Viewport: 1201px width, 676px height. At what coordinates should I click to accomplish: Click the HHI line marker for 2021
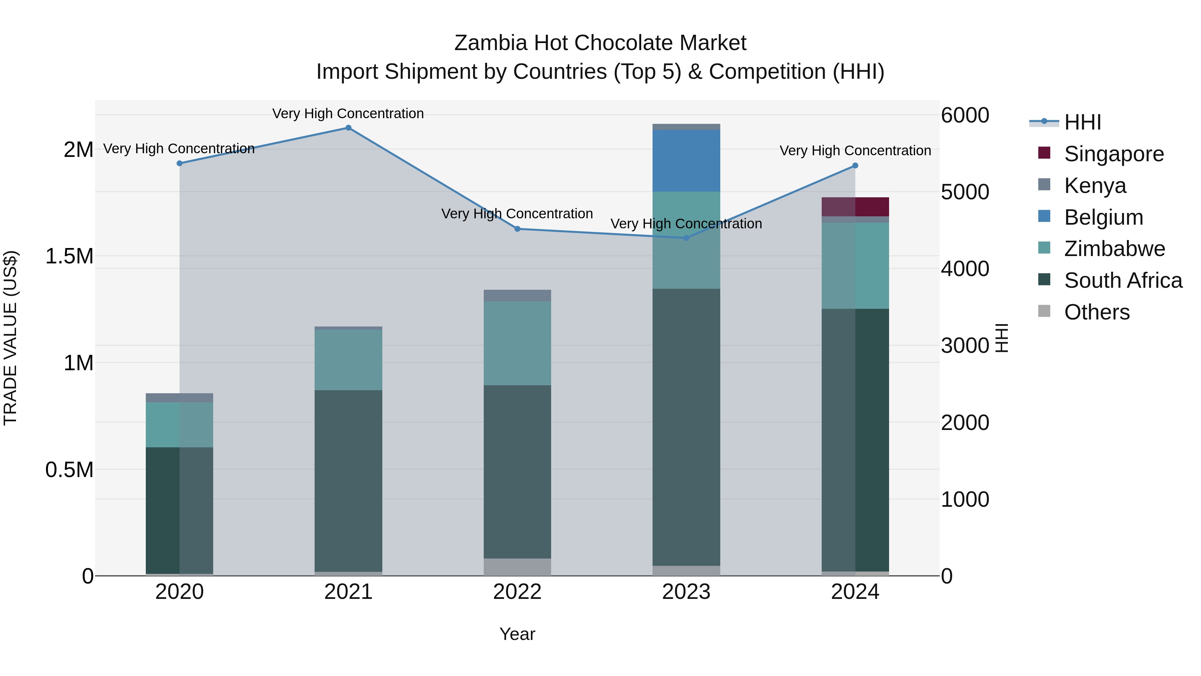tap(348, 128)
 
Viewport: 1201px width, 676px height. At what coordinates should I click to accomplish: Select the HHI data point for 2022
tap(517, 229)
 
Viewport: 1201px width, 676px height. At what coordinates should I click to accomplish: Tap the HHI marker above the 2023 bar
tap(686, 238)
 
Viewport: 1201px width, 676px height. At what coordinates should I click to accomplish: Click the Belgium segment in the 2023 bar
tap(686, 161)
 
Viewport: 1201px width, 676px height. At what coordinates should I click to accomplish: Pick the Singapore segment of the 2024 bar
tap(855, 207)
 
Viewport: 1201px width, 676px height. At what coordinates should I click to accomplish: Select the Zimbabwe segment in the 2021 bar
tap(348, 360)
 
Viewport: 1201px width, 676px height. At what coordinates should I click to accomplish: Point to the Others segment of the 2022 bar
tap(517, 567)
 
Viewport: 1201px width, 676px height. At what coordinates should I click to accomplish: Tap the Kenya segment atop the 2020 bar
tap(179, 398)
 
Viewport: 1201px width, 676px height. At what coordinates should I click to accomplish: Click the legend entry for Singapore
tap(1113, 154)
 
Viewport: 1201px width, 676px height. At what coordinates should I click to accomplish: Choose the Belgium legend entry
tap(1103, 217)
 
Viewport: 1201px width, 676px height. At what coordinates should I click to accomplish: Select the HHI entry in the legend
tap(1082, 122)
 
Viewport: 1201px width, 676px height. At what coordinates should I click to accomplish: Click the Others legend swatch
tap(1044, 311)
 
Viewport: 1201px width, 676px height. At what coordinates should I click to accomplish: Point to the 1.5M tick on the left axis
tap(69, 256)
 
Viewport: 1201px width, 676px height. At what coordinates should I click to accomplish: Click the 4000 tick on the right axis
tap(964, 269)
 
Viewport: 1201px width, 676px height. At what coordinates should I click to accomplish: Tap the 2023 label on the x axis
tap(686, 592)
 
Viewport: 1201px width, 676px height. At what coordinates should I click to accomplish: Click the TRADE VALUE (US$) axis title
tap(10, 338)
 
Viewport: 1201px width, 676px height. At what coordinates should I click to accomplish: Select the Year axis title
tap(517, 634)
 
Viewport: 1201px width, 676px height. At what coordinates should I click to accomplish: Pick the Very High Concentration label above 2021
tap(348, 114)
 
